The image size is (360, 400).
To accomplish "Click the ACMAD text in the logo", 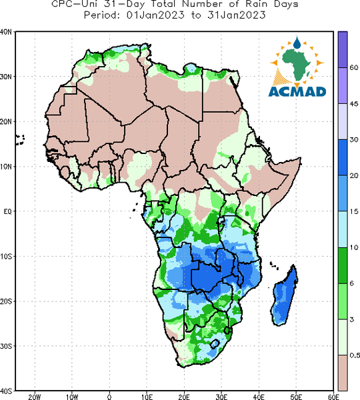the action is (297, 91).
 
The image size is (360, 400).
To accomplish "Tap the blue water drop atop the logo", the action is (297, 43).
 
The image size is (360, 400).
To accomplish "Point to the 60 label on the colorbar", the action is (354, 67).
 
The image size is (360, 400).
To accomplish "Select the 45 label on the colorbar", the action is (354, 104).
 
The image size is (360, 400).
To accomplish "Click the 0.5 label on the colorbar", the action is (355, 355).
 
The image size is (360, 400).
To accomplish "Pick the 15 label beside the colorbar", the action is (354, 211).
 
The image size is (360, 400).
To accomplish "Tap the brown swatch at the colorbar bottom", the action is (343, 373).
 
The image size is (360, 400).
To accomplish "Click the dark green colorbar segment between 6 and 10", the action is (343, 265).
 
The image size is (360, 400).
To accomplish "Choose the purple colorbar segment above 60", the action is (343, 49).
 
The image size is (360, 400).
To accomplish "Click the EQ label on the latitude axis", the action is (7, 211).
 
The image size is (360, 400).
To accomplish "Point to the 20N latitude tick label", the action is (6, 122).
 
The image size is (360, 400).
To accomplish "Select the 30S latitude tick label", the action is (6, 346).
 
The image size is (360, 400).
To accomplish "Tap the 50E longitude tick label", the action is (296, 397).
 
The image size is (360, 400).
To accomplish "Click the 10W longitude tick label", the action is (72, 397).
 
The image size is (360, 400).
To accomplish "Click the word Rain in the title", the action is (256, 4).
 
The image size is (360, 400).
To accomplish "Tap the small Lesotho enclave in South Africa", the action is (215, 343).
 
